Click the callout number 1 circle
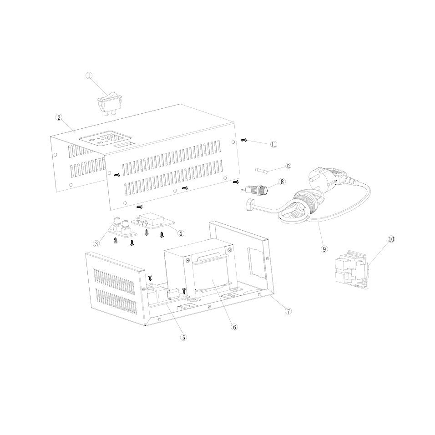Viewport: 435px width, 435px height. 89,76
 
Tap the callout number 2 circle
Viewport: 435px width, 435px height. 59,117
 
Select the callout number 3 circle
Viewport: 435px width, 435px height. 96,244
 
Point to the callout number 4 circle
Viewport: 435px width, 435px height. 181,233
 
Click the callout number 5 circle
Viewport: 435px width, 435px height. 183,337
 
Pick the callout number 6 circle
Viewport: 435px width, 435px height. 234,327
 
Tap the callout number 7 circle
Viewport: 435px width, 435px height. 288,311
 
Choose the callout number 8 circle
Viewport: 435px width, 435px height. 282,182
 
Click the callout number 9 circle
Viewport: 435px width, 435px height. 324,249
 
